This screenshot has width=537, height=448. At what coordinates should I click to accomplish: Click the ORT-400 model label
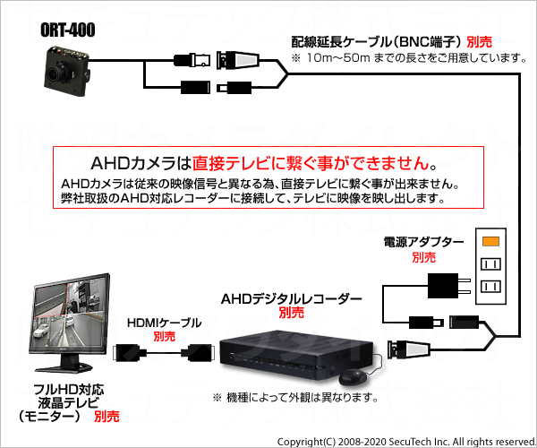(67, 30)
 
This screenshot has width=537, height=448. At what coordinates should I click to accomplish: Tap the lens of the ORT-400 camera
(55, 73)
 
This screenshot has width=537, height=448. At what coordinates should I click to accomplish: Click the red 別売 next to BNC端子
(479, 42)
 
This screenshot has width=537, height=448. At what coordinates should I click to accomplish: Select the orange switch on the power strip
(490, 241)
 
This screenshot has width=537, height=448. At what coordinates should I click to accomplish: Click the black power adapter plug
(448, 286)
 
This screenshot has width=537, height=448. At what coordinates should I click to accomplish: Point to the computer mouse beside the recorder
(353, 377)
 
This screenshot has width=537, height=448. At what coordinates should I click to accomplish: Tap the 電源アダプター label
(423, 242)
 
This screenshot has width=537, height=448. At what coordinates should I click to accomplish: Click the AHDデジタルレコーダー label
(292, 299)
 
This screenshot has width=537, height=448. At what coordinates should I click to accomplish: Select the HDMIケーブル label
(164, 323)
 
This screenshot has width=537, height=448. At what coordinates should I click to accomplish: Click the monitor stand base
(64, 368)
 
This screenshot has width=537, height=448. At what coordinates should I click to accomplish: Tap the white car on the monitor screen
(41, 330)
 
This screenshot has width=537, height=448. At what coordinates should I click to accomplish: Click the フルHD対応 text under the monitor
(69, 390)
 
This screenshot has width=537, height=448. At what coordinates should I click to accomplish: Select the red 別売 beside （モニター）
(107, 417)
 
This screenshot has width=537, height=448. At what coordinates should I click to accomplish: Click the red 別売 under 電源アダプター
(423, 257)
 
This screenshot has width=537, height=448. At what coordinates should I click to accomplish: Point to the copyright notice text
(406, 442)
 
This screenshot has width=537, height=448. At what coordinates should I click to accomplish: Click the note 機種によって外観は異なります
(295, 398)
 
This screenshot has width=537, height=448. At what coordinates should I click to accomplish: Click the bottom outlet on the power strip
(490, 286)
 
